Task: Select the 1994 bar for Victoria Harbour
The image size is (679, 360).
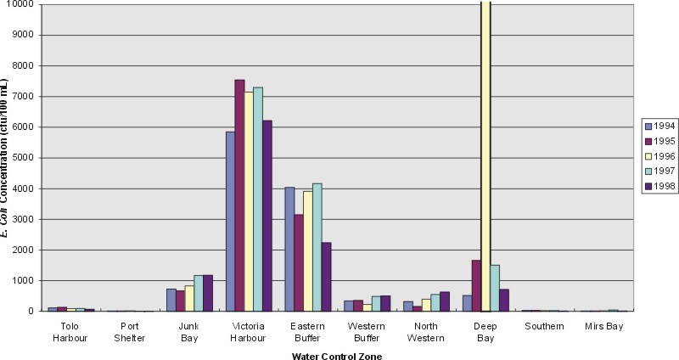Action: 230,221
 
